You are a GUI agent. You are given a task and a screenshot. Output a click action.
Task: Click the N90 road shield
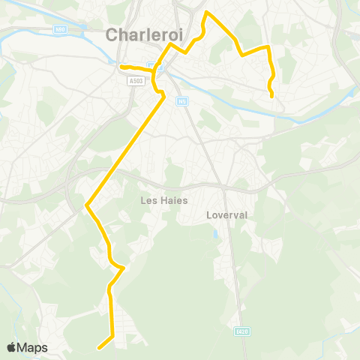coord(60,29)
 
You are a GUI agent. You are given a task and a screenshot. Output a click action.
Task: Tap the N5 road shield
coord(181,100)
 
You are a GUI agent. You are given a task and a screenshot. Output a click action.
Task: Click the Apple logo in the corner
coord(12,347)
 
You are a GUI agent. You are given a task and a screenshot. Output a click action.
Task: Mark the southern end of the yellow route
coord(98,347)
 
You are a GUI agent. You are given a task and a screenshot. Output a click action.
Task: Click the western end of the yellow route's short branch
coord(121,67)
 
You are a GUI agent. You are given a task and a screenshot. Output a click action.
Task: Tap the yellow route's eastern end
coord(271,96)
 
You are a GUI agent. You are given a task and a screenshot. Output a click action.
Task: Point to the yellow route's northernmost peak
coord(207,13)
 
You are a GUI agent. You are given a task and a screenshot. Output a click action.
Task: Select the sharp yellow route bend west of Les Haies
coord(88,204)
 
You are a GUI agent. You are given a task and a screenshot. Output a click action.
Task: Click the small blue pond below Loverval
coord(215,235)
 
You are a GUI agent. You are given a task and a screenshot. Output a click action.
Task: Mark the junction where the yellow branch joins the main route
coord(156,72)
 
